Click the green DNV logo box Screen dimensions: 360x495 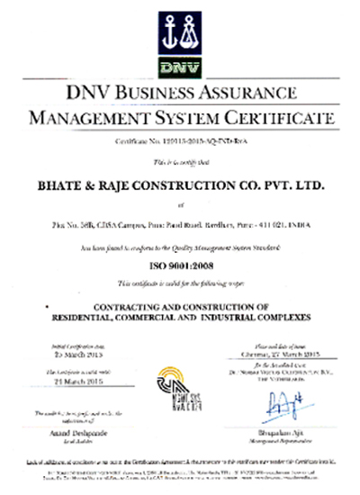(179, 65)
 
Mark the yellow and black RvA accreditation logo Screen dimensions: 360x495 (180, 388)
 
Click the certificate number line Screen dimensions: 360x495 (179, 142)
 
